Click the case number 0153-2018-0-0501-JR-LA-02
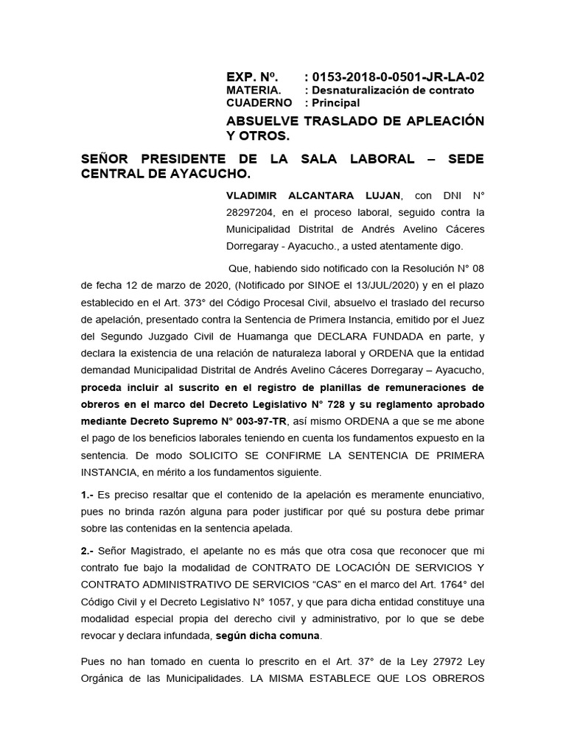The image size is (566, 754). click(399, 77)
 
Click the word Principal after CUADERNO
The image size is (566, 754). click(337, 103)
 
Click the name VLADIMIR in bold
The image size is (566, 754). click(257, 195)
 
